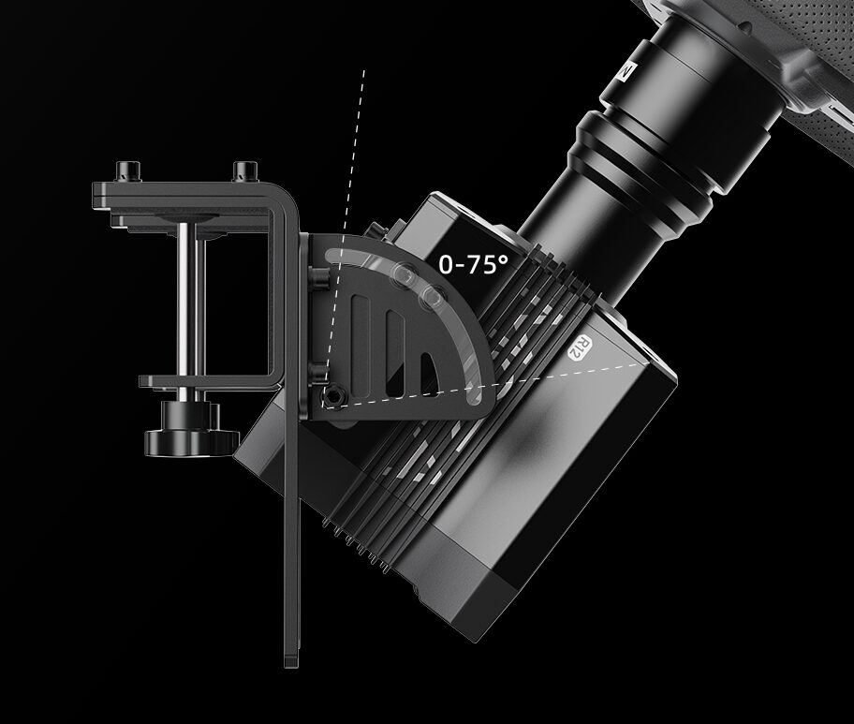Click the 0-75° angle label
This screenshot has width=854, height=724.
(474, 264)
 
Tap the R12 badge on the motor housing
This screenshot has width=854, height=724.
(580, 348)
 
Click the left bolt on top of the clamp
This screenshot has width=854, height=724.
(127, 171)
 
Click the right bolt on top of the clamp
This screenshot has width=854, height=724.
(244, 171)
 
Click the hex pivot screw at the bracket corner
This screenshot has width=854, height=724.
(332, 396)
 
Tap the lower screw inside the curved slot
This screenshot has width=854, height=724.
(434, 298)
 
